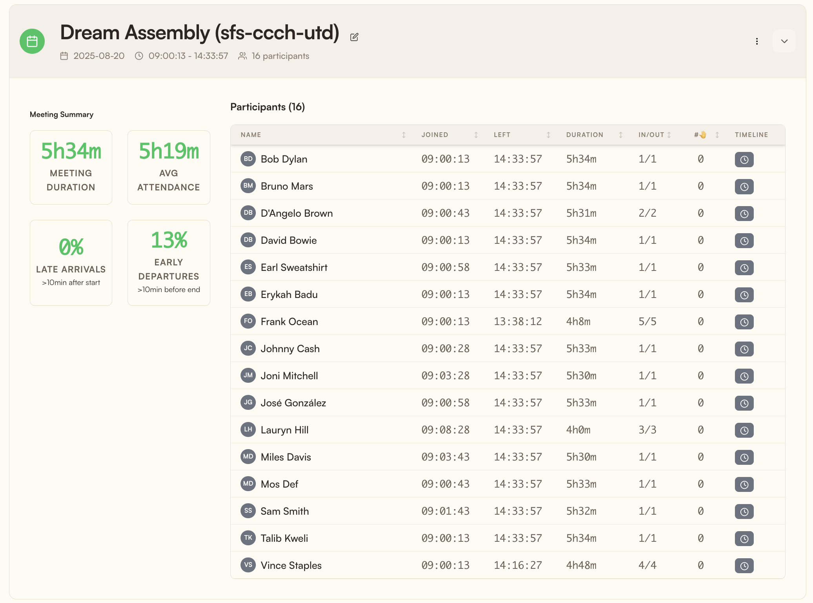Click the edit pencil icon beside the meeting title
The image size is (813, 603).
pyautogui.click(x=354, y=37)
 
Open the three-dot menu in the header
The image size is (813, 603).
pyautogui.click(x=757, y=41)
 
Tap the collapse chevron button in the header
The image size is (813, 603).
pyautogui.click(x=784, y=41)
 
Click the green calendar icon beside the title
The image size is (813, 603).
pyautogui.click(x=32, y=41)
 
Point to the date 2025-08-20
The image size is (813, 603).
pyautogui.click(x=99, y=56)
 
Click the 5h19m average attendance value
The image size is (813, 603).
pyautogui.click(x=169, y=151)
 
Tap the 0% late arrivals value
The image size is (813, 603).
pyautogui.click(x=71, y=247)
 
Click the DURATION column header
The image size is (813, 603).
pyautogui.click(x=585, y=135)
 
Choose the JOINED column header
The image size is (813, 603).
pyautogui.click(x=435, y=135)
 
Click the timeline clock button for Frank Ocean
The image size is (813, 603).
pyautogui.click(x=744, y=322)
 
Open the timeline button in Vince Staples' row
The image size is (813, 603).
pyautogui.click(x=744, y=566)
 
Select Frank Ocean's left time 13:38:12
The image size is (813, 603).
pyautogui.click(x=518, y=322)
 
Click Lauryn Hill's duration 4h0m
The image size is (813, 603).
pyautogui.click(x=578, y=430)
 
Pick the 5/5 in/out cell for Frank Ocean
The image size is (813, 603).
pyautogui.click(x=647, y=322)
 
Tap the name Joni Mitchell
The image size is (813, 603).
pyautogui.click(x=289, y=376)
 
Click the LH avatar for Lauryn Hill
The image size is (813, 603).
pyautogui.click(x=248, y=429)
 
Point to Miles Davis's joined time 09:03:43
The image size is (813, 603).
pyautogui.click(x=445, y=457)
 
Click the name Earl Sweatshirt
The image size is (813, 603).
pyautogui.click(x=294, y=267)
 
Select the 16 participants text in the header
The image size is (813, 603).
pyautogui.click(x=280, y=56)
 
